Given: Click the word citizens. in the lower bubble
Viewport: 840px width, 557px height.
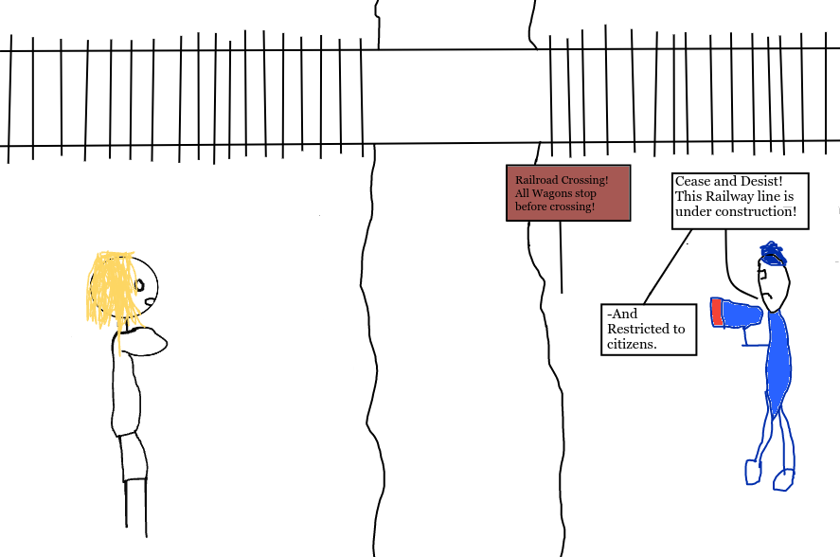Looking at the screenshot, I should pos(632,344).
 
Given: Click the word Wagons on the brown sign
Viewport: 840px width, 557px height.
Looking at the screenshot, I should pos(549,193).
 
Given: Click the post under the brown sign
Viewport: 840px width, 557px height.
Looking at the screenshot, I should pos(562,256).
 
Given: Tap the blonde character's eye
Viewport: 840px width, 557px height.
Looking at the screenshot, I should pos(140,284).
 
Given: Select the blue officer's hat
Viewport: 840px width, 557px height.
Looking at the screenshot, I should pos(773,254).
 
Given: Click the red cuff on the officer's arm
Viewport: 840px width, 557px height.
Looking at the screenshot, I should pos(717,312).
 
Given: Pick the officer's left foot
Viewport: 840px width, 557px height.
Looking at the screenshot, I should pos(753,472).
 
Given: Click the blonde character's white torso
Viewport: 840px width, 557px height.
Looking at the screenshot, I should pos(127,398).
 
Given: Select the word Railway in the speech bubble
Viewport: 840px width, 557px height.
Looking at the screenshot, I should pos(727,196).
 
